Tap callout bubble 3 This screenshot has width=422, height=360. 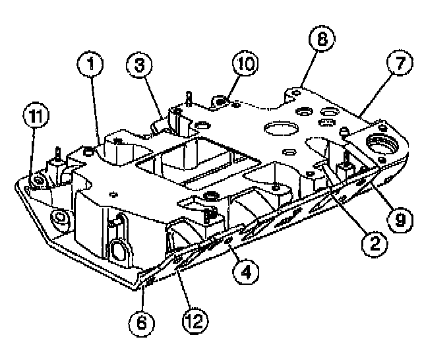point(140,66)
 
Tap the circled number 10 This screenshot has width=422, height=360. point(243,65)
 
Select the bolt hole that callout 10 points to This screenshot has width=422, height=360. point(221,102)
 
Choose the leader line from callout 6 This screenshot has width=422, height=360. point(144,297)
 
